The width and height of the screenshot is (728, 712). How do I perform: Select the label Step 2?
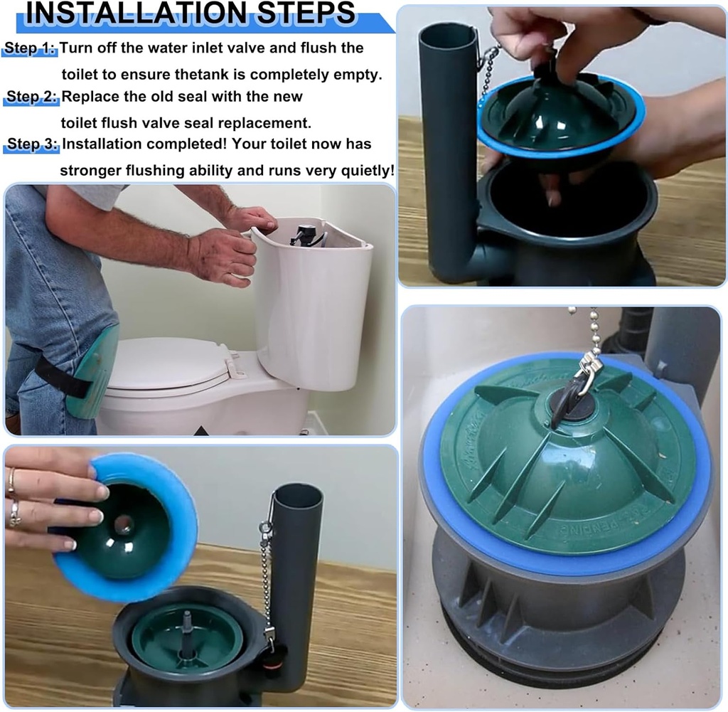click(x=33, y=96)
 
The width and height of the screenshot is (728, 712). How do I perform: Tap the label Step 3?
click(x=33, y=144)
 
